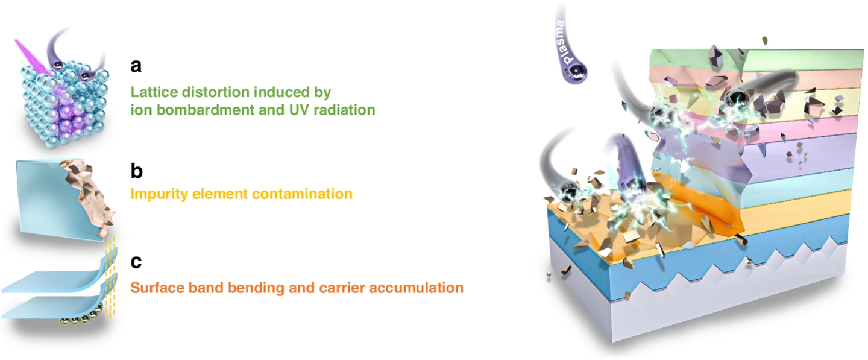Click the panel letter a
point(136,66)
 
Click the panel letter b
point(136,171)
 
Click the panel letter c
point(136,262)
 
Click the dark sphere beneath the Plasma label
point(576,72)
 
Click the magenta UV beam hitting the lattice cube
point(33,57)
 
